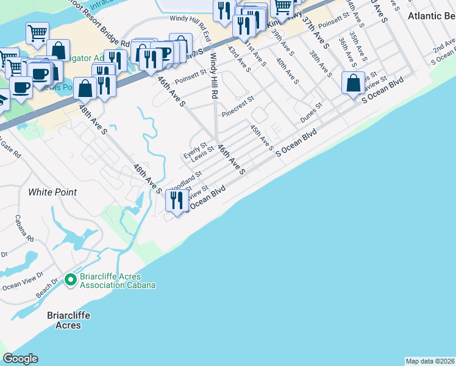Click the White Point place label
52,192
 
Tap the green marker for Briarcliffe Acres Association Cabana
70,280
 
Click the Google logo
20,359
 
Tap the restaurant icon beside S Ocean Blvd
177,199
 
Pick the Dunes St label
310,106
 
